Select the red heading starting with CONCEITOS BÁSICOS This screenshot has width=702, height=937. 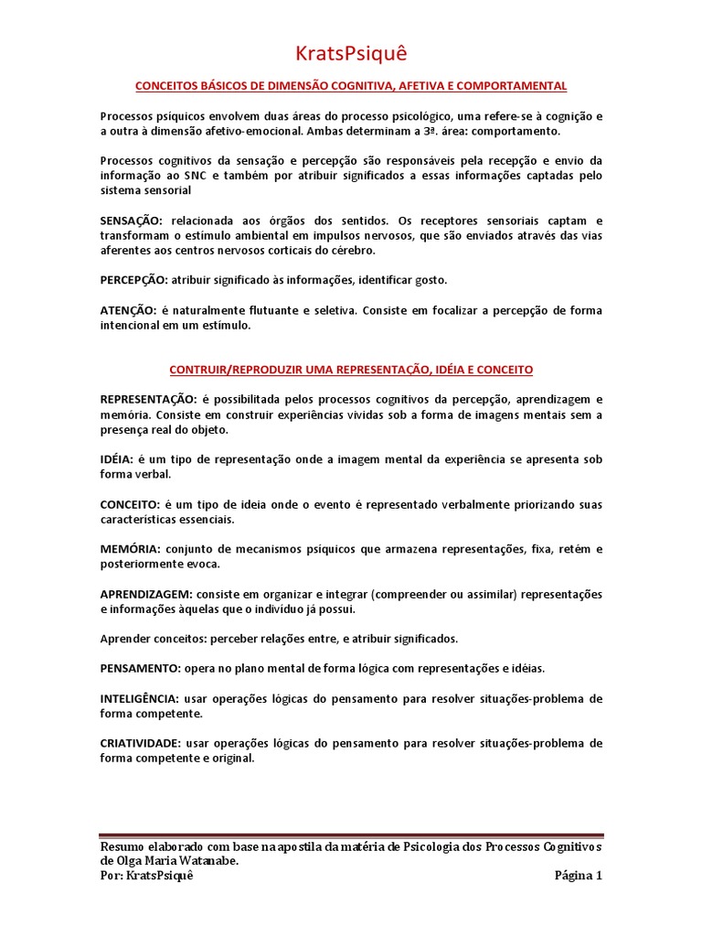(x=351, y=86)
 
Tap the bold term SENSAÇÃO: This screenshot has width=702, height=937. (x=131, y=221)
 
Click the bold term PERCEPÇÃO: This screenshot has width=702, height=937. (x=133, y=279)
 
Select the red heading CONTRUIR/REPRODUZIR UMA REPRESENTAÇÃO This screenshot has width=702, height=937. (x=351, y=370)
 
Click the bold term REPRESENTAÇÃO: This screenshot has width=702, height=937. (x=148, y=400)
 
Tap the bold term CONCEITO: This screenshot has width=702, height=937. (x=130, y=504)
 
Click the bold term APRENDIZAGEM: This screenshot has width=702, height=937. (x=144, y=594)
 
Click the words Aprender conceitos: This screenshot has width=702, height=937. (x=148, y=639)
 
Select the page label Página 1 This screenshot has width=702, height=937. (x=578, y=876)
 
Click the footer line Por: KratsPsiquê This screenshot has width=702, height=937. (x=146, y=876)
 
